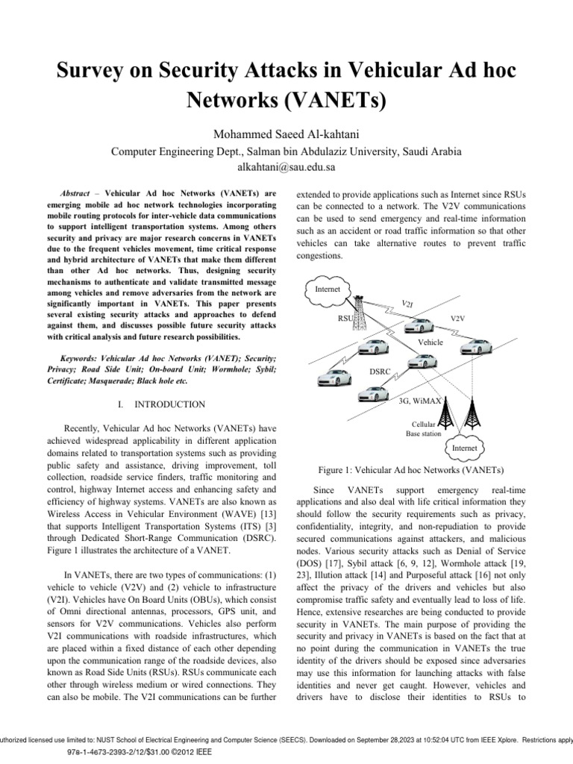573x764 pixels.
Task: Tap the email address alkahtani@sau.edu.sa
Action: (286, 168)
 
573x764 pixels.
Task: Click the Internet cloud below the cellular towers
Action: (463, 448)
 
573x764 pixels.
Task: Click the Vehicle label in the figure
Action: (430, 341)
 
